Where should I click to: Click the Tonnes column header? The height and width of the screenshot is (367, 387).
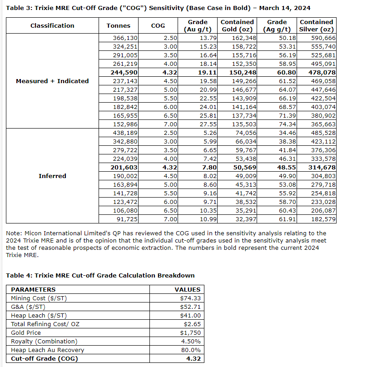[x=118, y=26]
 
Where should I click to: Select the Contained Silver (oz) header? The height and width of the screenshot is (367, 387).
[x=317, y=26]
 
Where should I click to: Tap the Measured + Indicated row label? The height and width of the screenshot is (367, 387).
[x=52, y=81]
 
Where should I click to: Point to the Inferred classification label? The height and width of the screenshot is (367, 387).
[x=52, y=176]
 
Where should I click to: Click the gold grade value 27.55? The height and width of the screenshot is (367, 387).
[x=208, y=124]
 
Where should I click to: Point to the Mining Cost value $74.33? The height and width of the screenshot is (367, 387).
[x=190, y=298]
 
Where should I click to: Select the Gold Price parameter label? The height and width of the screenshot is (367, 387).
[x=25, y=333]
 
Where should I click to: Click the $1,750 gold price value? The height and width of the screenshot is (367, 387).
[x=190, y=333]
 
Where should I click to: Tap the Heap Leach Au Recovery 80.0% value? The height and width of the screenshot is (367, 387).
[x=191, y=350]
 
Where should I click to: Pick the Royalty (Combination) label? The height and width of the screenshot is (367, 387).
[x=44, y=342]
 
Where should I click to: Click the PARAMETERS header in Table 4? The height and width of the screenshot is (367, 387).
[x=33, y=290]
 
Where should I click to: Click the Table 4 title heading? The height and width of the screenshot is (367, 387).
[x=100, y=276]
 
